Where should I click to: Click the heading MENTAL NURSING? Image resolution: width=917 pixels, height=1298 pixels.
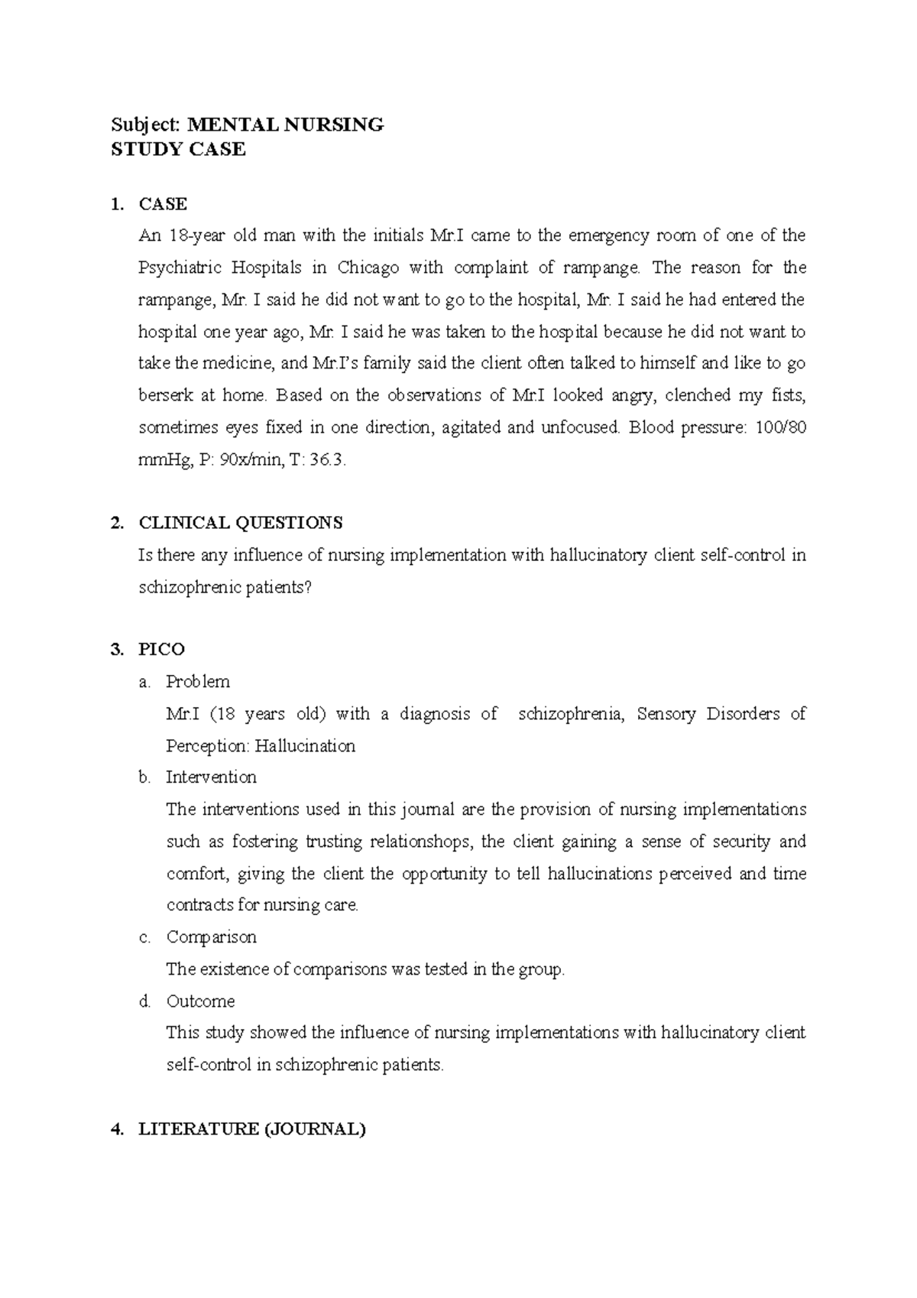[x=286, y=125]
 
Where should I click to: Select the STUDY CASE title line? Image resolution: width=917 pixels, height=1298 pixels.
[x=178, y=150]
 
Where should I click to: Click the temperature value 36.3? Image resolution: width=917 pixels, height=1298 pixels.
[x=329, y=459]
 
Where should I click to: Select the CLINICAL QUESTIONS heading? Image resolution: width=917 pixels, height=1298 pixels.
[x=240, y=523]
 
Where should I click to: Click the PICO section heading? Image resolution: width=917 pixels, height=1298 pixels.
[x=161, y=650]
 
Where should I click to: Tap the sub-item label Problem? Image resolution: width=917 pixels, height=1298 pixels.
[x=198, y=682]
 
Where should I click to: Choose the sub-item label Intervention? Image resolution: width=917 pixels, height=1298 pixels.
[x=211, y=777]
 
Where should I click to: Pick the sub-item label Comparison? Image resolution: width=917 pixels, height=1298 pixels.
[x=211, y=937]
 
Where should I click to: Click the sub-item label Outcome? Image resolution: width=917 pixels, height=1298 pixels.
[x=200, y=1001]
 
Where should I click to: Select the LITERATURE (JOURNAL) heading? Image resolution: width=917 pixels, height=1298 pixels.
[x=252, y=1129]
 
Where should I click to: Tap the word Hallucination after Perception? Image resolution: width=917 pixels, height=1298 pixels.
[x=305, y=746]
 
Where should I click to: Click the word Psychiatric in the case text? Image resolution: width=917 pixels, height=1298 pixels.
[x=180, y=268]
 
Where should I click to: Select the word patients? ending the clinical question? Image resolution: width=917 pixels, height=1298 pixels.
[x=275, y=587]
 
